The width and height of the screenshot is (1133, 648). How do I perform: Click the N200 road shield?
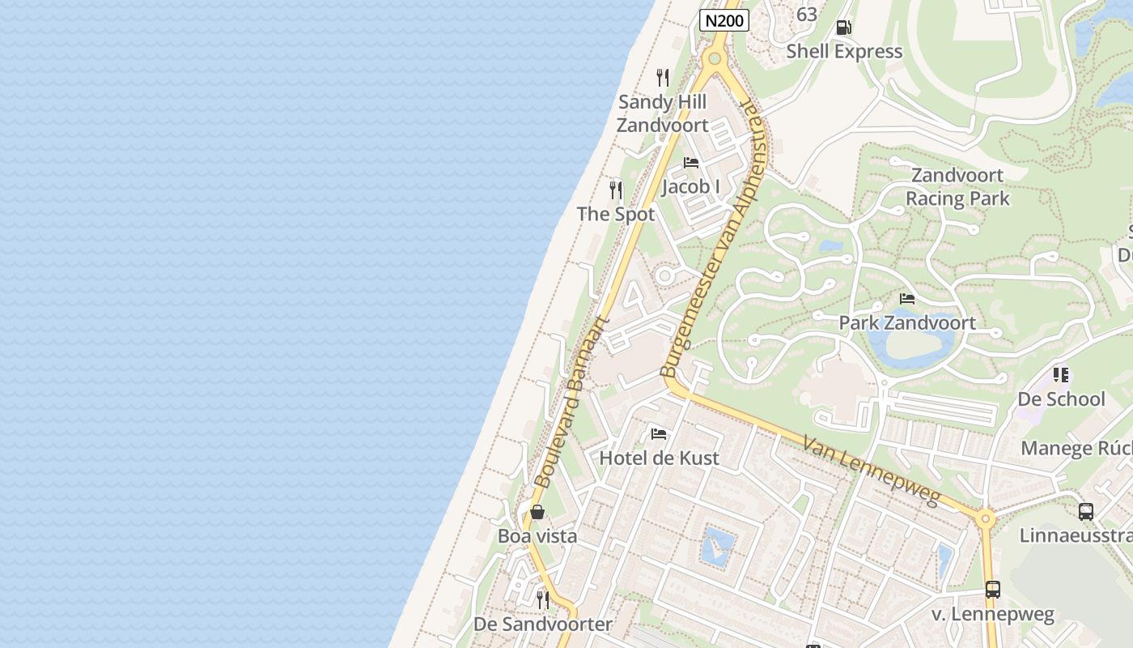tap(724, 21)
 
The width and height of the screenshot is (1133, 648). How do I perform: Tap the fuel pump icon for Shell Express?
tap(843, 28)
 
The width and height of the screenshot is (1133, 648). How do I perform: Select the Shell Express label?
tap(844, 52)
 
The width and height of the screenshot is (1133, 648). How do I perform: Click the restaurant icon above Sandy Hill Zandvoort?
tap(663, 78)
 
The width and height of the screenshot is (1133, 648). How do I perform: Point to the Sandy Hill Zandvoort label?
tap(662, 113)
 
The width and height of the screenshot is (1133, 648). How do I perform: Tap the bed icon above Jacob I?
tap(690, 163)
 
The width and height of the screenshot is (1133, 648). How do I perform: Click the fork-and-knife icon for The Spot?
tap(616, 190)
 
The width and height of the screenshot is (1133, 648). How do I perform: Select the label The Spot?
tap(616, 215)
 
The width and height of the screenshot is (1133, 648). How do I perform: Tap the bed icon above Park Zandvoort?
tap(907, 299)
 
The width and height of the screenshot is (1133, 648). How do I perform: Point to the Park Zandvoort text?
tap(907, 322)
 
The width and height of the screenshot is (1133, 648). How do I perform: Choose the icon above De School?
tap(1061, 375)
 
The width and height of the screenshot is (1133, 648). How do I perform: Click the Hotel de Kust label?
tap(659, 458)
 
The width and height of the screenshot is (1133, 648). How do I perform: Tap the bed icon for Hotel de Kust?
tap(659, 434)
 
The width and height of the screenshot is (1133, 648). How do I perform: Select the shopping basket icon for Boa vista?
tap(537, 512)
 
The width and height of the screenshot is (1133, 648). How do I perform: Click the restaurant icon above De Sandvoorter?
tap(542, 600)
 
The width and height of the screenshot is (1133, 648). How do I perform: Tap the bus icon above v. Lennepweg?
tap(993, 590)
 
